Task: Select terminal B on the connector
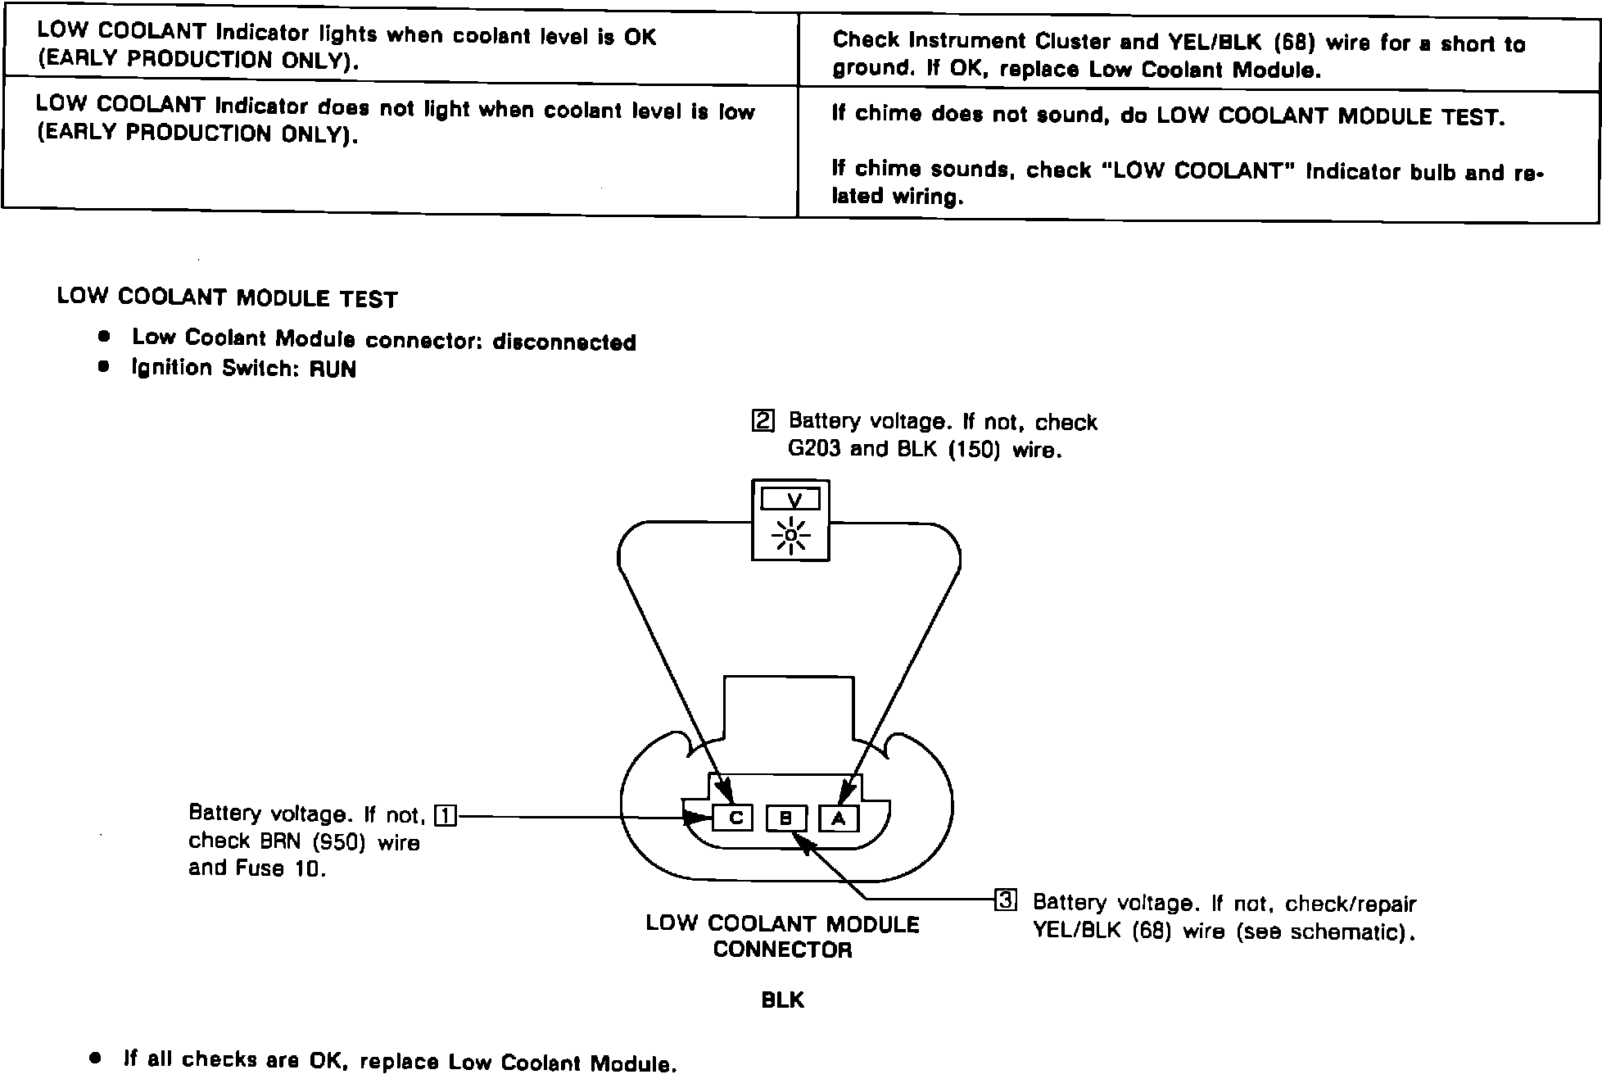(786, 818)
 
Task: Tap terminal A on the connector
(839, 818)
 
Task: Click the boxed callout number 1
(446, 816)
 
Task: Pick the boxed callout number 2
(763, 421)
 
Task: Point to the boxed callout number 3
(1005, 900)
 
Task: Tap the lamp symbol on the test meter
(791, 536)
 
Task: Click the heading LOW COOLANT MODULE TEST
(227, 297)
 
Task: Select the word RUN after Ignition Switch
(333, 369)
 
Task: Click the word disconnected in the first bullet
(564, 342)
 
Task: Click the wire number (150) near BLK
(975, 451)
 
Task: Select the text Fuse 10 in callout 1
(280, 868)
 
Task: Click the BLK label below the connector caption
(782, 1000)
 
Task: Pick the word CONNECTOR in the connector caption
(782, 950)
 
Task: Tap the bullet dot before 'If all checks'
(96, 1058)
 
